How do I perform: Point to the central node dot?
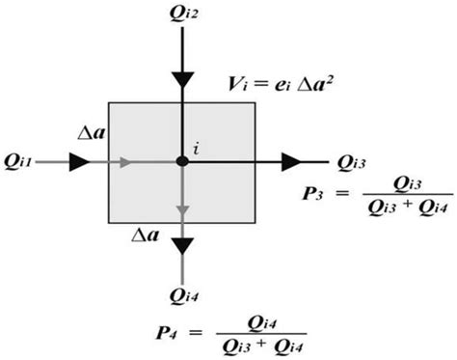pyautogui.click(x=181, y=161)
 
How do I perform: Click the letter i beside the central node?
pyautogui.click(x=196, y=149)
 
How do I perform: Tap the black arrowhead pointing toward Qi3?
pyautogui.click(x=290, y=161)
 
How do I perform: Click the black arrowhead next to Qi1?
pyautogui.click(x=79, y=161)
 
